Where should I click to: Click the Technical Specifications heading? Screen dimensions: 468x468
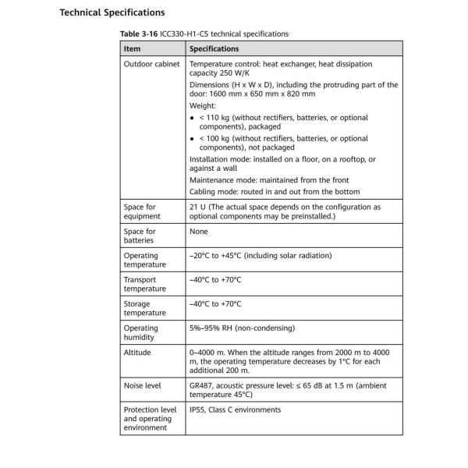tap(112, 12)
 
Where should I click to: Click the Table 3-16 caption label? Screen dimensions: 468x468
tap(137, 34)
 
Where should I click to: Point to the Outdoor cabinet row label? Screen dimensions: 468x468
tap(151, 64)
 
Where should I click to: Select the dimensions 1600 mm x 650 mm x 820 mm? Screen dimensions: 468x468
tap(253, 94)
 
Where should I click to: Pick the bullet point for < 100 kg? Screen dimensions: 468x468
tap(193, 138)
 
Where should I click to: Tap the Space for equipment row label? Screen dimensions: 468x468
tap(140, 211)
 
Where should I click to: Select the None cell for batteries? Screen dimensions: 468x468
tap(200, 232)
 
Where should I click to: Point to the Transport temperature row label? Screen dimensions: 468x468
tap(141, 285)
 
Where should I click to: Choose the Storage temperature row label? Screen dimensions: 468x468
tap(141, 309)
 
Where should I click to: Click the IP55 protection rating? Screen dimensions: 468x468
tap(198, 409)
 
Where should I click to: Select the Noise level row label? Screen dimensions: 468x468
tap(144, 385)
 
